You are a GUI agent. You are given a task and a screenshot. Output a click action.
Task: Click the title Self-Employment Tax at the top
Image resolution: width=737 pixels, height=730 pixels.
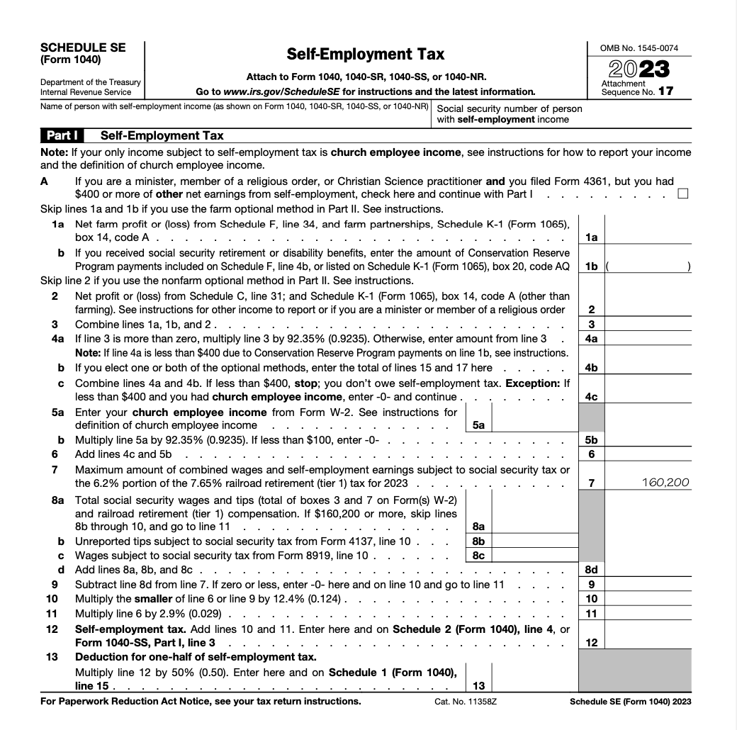(x=365, y=54)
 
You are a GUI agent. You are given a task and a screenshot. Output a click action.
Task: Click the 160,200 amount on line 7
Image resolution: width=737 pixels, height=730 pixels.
(x=665, y=483)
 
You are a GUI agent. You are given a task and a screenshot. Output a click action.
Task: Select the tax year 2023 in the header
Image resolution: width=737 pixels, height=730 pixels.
(x=639, y=69)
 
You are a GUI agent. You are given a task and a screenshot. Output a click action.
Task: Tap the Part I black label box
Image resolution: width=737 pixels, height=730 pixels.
(x=62, y=135)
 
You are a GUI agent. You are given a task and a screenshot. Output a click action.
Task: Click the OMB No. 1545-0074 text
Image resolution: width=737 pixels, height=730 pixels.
(x=638, y=48)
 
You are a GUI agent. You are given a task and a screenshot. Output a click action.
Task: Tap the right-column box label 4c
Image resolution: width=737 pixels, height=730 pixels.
(x=592, y=397)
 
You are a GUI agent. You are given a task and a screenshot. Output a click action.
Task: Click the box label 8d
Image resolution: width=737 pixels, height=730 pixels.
(x=592, y=570)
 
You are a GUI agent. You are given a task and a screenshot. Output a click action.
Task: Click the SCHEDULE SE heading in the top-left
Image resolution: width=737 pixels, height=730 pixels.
(x=84, y=47)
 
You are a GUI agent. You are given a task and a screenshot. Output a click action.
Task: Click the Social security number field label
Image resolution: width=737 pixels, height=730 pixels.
(x=510, y=114)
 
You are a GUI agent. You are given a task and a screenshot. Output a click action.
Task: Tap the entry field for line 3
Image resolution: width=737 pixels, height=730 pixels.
(x=648, y=325)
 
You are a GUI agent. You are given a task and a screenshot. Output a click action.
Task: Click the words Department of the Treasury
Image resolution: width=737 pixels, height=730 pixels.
(x=91, y=82)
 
